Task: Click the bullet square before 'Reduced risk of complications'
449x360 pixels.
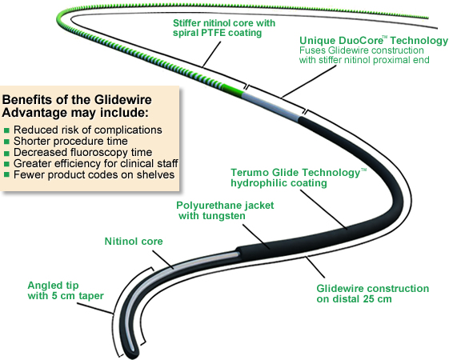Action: point(7,130)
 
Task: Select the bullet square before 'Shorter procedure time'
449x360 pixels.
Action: point(7,141)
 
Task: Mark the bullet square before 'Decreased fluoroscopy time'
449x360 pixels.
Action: point(7,152)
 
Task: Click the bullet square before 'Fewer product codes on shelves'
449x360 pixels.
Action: point(7,174)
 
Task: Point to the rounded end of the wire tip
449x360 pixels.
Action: point(138,353)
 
